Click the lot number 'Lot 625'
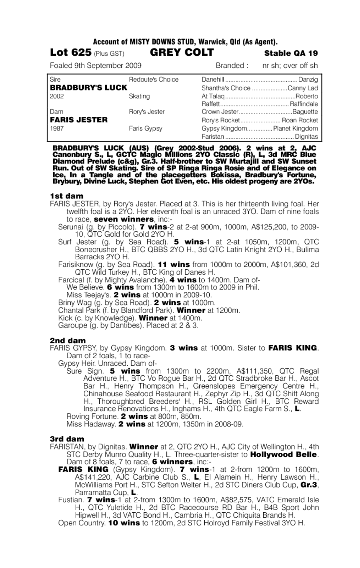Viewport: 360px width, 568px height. [70, 53]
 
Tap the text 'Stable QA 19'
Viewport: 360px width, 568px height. [291, 53]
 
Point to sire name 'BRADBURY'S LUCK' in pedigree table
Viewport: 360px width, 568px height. [88, 88]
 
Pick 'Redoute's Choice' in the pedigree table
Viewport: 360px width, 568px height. [153, 80]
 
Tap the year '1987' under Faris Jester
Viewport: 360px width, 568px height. [57, 128]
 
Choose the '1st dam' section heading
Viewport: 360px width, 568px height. [67, 196]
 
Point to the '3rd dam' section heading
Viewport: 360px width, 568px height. [67, 439]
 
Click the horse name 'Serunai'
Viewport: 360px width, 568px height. [70, 227]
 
